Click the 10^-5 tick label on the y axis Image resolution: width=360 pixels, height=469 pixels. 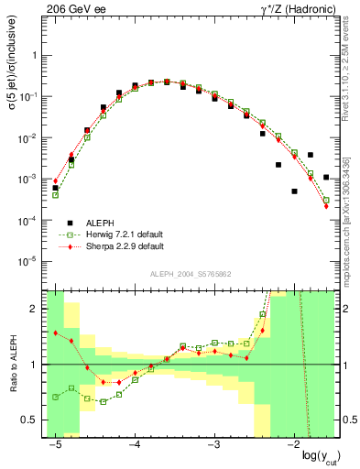click(x=32, y=262)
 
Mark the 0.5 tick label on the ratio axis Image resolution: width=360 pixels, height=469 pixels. click(x=33, y=420)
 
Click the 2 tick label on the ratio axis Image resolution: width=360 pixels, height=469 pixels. click(x=38, y=309)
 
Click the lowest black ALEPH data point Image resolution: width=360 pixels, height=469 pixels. click(x=294, y=191)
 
